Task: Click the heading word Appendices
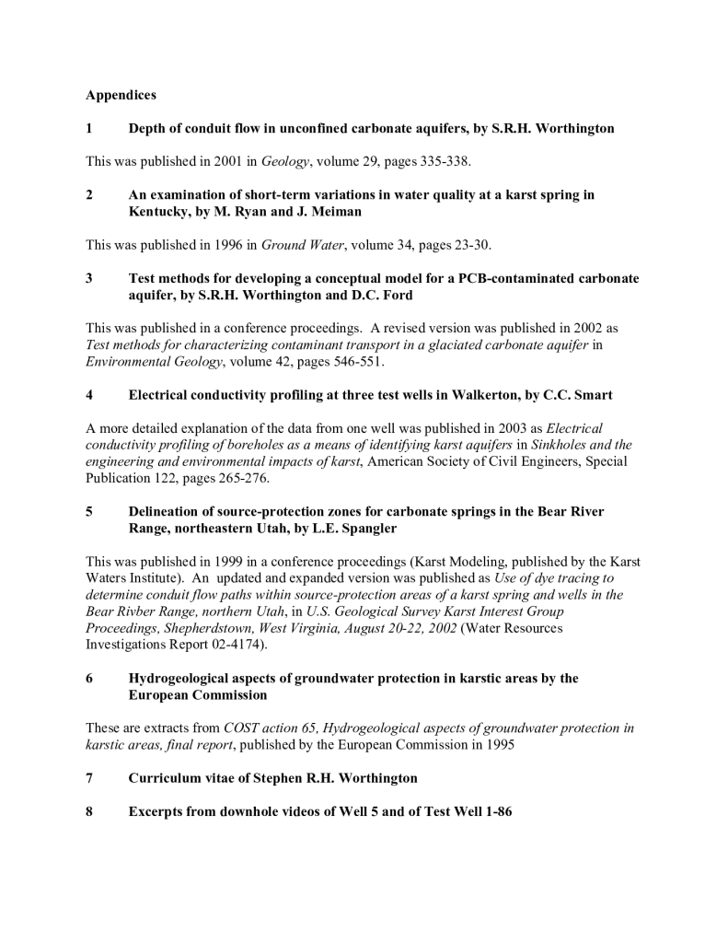[121, 95]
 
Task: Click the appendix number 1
[89, 128]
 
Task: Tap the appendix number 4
[89, 395]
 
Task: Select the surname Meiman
[336, 211]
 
